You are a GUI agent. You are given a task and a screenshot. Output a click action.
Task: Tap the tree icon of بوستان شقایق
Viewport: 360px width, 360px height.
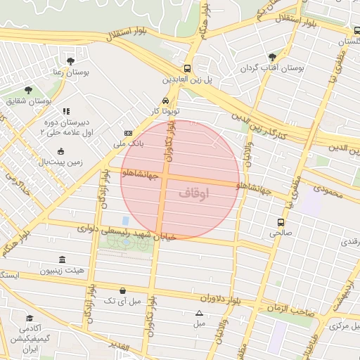click(28, 91)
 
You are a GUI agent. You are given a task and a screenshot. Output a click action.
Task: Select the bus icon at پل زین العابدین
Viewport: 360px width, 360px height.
click(187, 69)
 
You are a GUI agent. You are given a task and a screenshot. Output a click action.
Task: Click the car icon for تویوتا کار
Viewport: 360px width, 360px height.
click(165, 101)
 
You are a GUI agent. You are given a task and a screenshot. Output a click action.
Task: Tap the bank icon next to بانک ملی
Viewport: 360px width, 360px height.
click(128, 132)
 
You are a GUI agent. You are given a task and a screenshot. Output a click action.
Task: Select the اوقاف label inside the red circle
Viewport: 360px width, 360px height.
click(195, 193)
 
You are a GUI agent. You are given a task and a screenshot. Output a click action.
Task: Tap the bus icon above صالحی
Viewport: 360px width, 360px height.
click(281, 221)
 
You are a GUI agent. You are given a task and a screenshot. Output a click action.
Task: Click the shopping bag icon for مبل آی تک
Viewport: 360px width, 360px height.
click(123, 290)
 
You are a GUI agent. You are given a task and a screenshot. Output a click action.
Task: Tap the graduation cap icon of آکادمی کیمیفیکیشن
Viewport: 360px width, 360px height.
click(30, 319)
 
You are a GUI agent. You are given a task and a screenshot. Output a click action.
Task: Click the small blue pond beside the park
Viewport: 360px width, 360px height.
click(125, 221)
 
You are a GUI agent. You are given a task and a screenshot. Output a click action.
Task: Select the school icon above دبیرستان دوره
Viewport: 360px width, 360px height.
click(66, 111)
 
